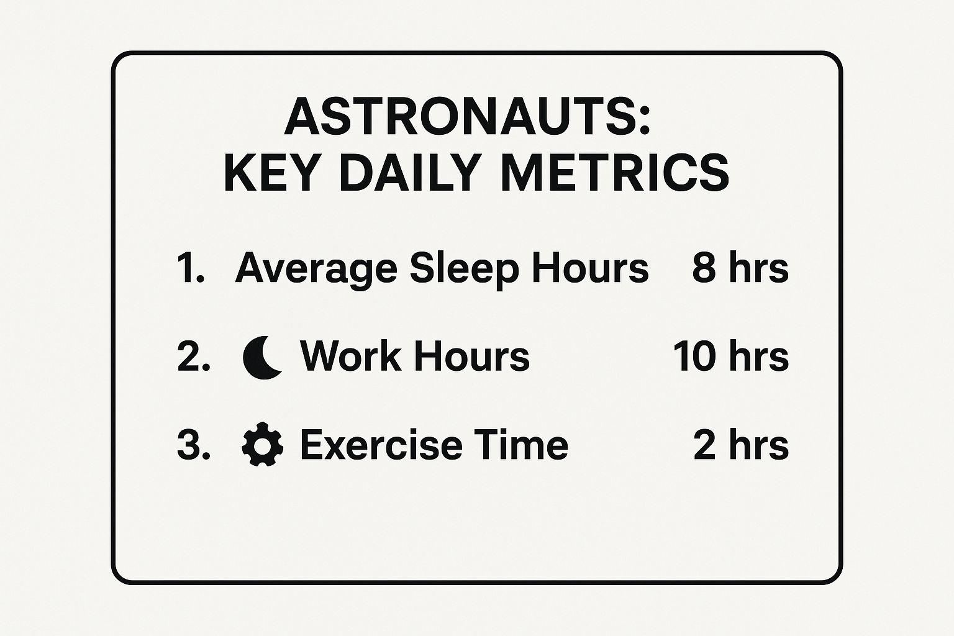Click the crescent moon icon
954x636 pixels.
coord(261,357)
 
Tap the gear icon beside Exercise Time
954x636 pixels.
coord(262,444)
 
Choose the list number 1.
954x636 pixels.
coord(191,268)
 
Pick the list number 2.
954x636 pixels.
coord(194,357)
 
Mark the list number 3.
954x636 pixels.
coord(194,445)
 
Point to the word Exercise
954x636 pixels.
coord(381,445)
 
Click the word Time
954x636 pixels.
coord(525,445)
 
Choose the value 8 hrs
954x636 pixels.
coord(740,268)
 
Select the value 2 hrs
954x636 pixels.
coord(741,445)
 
